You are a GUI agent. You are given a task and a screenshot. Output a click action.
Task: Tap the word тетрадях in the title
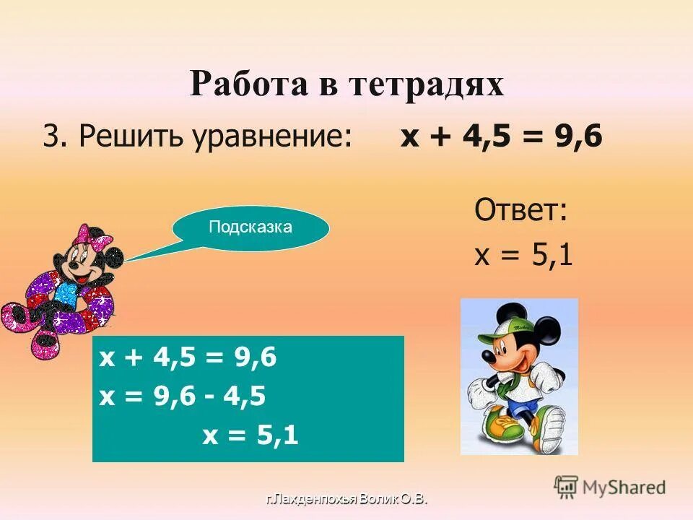click(x=427, y=85)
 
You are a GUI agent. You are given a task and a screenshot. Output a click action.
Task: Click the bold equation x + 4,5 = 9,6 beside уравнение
click(x=501, y=135)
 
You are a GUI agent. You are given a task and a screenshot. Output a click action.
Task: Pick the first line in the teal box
click(x=188, y=358)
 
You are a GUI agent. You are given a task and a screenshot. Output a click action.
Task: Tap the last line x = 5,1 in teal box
click(x=250, y=435)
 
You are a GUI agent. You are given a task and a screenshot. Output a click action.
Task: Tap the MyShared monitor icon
click(x=565, y=487)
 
